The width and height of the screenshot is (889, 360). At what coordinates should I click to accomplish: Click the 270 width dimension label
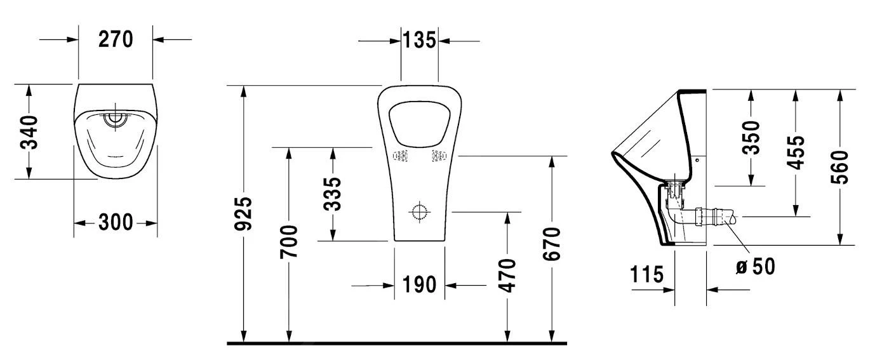coord(116,39)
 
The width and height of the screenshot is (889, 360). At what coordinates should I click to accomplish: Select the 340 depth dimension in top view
coord(29,131)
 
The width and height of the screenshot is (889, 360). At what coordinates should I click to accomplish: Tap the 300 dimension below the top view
coord(116,223)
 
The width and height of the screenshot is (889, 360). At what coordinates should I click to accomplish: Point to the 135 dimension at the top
coord(419,41)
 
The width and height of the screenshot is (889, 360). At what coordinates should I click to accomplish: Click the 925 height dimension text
coord(244,214)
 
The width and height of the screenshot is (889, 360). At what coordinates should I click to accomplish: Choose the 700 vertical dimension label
coord(289,241)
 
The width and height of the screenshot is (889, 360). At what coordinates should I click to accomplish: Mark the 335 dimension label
coord(333,194)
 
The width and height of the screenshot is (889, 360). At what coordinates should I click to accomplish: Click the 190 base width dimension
coord(419,285)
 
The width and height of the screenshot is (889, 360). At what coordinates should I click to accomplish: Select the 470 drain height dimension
coord(507,274)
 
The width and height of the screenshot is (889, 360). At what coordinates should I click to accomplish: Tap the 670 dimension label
coord(552,243)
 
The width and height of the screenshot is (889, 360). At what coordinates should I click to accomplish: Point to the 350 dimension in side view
coord(751,137)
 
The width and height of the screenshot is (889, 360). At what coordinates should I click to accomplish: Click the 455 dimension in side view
coord(796,152)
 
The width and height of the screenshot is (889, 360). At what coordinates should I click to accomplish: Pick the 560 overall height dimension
coord(840,166)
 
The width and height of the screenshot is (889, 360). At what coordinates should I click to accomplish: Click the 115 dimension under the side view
coord(647,275)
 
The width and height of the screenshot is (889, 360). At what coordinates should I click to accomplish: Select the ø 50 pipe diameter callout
coord(755,266)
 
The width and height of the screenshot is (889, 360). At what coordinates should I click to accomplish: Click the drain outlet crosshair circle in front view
coord(419,211)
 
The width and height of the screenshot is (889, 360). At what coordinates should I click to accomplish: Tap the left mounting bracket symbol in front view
coord(401,156)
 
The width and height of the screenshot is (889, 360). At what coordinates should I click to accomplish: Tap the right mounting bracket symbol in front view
coord(438,155)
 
